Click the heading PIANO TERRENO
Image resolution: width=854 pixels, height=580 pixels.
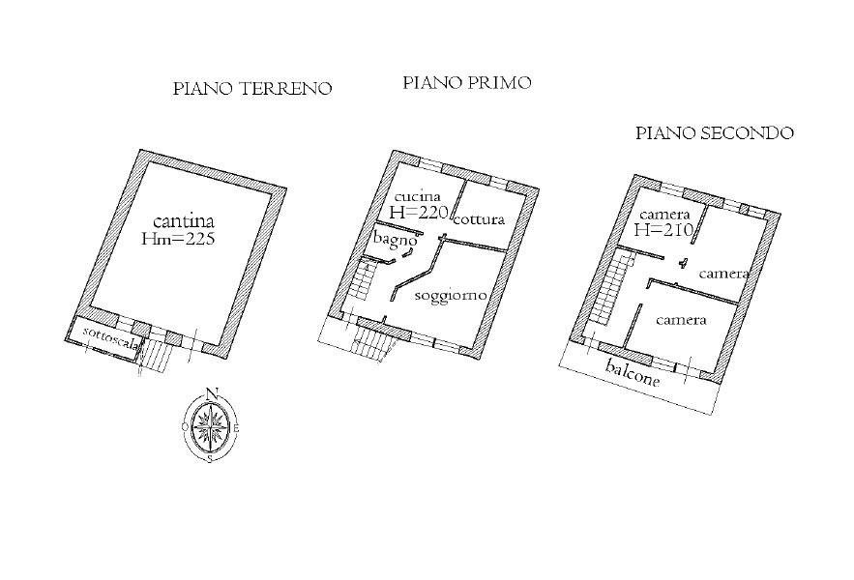click(x=252, y=89)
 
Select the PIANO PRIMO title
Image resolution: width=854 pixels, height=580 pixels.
click(x=467, y=83)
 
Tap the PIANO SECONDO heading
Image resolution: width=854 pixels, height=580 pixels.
click(x=715, y=132)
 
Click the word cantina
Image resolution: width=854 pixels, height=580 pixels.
click(x=184, y=221)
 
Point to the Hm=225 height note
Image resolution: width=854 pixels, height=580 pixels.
click(x=178, y=239)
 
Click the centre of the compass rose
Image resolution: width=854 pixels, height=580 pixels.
click(x=210, y=423)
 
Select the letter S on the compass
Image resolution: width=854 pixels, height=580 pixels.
click(x=210, y=459)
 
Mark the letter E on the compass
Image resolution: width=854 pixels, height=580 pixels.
click(x=235, y=427)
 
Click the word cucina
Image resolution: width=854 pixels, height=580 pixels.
click(x=418, y=196)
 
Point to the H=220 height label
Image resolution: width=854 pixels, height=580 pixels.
click(x=418, y=213)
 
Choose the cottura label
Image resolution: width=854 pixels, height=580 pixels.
click(x=479, y=219)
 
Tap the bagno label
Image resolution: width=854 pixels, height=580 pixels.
click(x=396, y=239)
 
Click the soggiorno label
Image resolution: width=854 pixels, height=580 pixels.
click(x=450, y=296)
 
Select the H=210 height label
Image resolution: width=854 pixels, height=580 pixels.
click(x=663, y=229)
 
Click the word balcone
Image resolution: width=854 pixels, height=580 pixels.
click(x=633, y=374)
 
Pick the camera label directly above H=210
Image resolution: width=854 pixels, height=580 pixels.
click(x=665, y=214)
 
